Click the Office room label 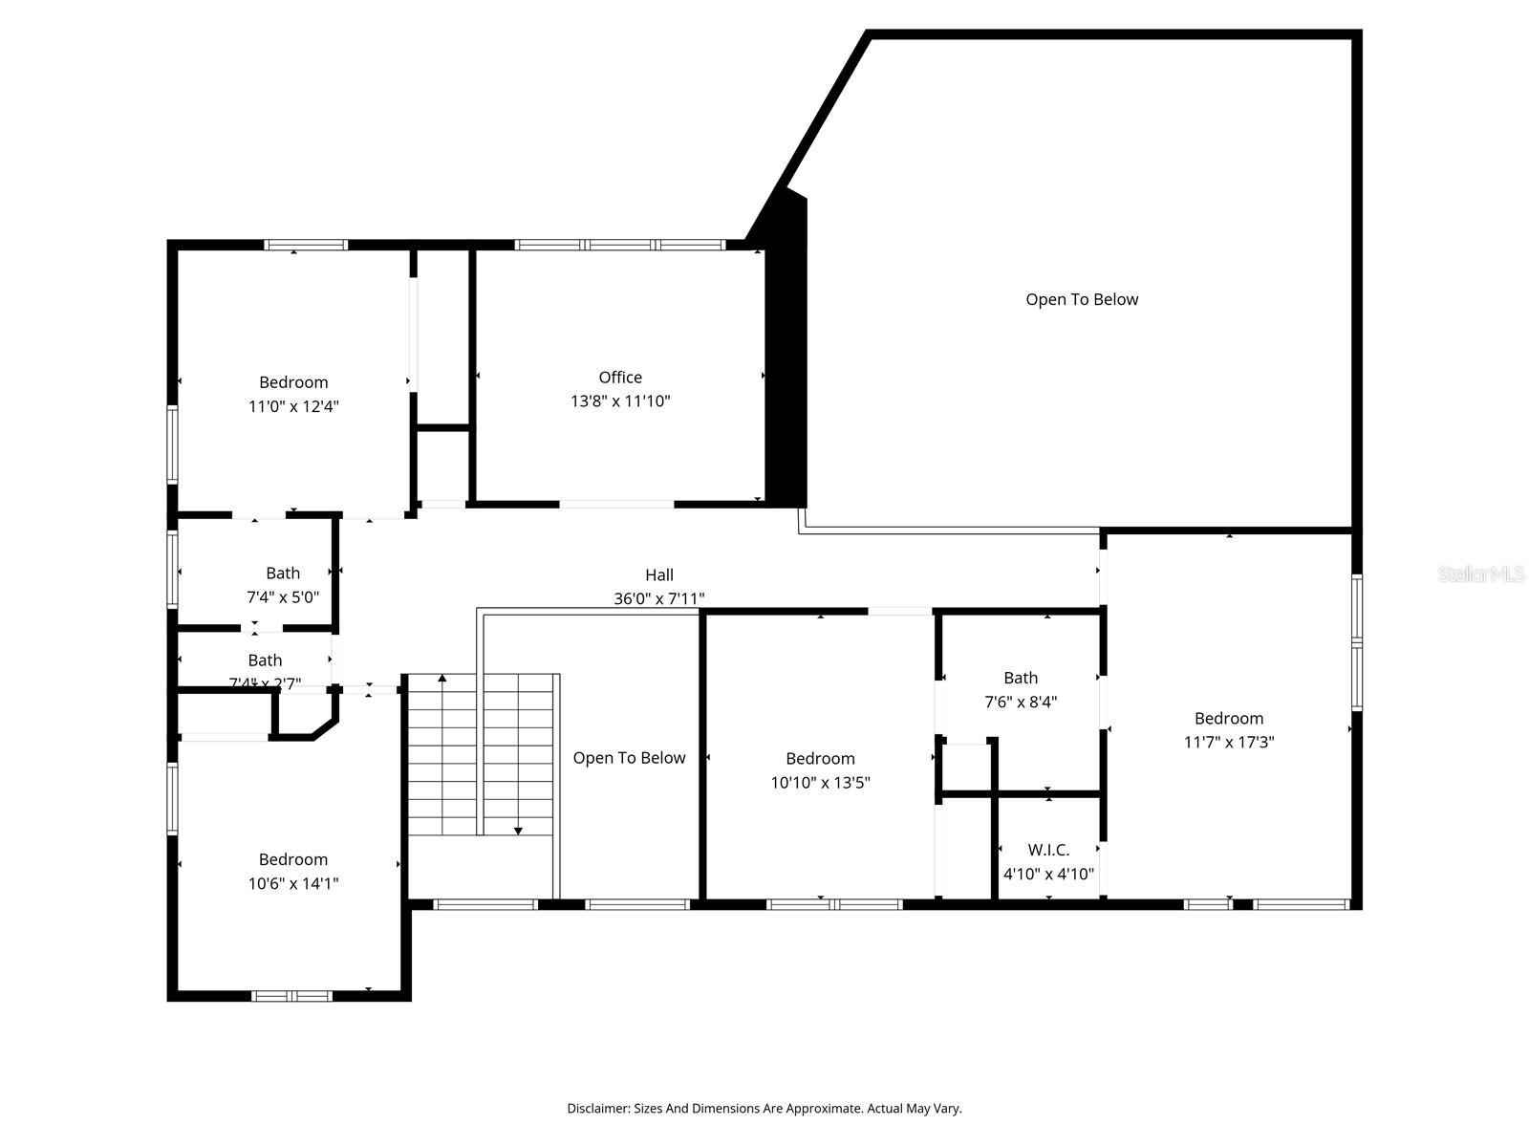pos(620,378)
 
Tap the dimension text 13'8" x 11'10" pos(620,401)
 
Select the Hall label pos(658,574)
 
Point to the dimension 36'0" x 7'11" pos(658,599)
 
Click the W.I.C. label pos(1048,850)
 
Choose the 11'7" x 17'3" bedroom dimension pos(1229,742)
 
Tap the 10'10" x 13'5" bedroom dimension pos(820,783)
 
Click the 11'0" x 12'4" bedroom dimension pos(293,406)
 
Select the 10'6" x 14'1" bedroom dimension pos(293,883)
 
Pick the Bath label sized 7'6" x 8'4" pos(1021,678)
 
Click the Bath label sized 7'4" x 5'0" pos(283,573)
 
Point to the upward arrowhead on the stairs pos(441,679)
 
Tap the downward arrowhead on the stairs pos(518,831)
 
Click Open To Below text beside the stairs pos(629,758)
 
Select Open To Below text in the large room pos(1082,299)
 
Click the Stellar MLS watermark pos(1480,573)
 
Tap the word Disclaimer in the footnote pos(597,1109)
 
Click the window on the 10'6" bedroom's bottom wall pos(291,996)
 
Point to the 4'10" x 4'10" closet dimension pos(1048,874)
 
